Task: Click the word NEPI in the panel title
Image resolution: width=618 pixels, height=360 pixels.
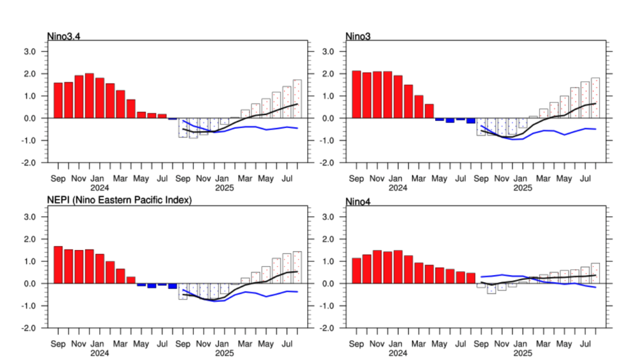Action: [58, 200]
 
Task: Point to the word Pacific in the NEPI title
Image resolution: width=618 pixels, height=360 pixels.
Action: [144, 200]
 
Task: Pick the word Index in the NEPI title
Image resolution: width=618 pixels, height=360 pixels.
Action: [177, 200]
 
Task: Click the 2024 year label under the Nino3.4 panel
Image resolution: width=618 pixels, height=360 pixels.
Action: [99, 188]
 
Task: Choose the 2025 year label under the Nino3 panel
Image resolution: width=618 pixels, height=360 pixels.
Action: [523, 188]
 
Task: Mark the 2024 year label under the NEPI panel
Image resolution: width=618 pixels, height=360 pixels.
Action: [99, 354]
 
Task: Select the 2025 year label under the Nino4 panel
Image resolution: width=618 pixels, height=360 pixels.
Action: [523, 354]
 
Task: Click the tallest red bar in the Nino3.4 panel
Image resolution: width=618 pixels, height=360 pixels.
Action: [89, 96]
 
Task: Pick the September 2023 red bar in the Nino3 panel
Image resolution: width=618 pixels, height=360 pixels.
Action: [356, 95]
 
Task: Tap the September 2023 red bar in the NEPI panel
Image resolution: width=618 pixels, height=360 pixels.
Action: [58, 265]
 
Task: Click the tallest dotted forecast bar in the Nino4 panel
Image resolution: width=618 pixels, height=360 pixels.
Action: [595, 273]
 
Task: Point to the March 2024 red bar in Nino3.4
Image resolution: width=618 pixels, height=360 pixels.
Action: [120, 104]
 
